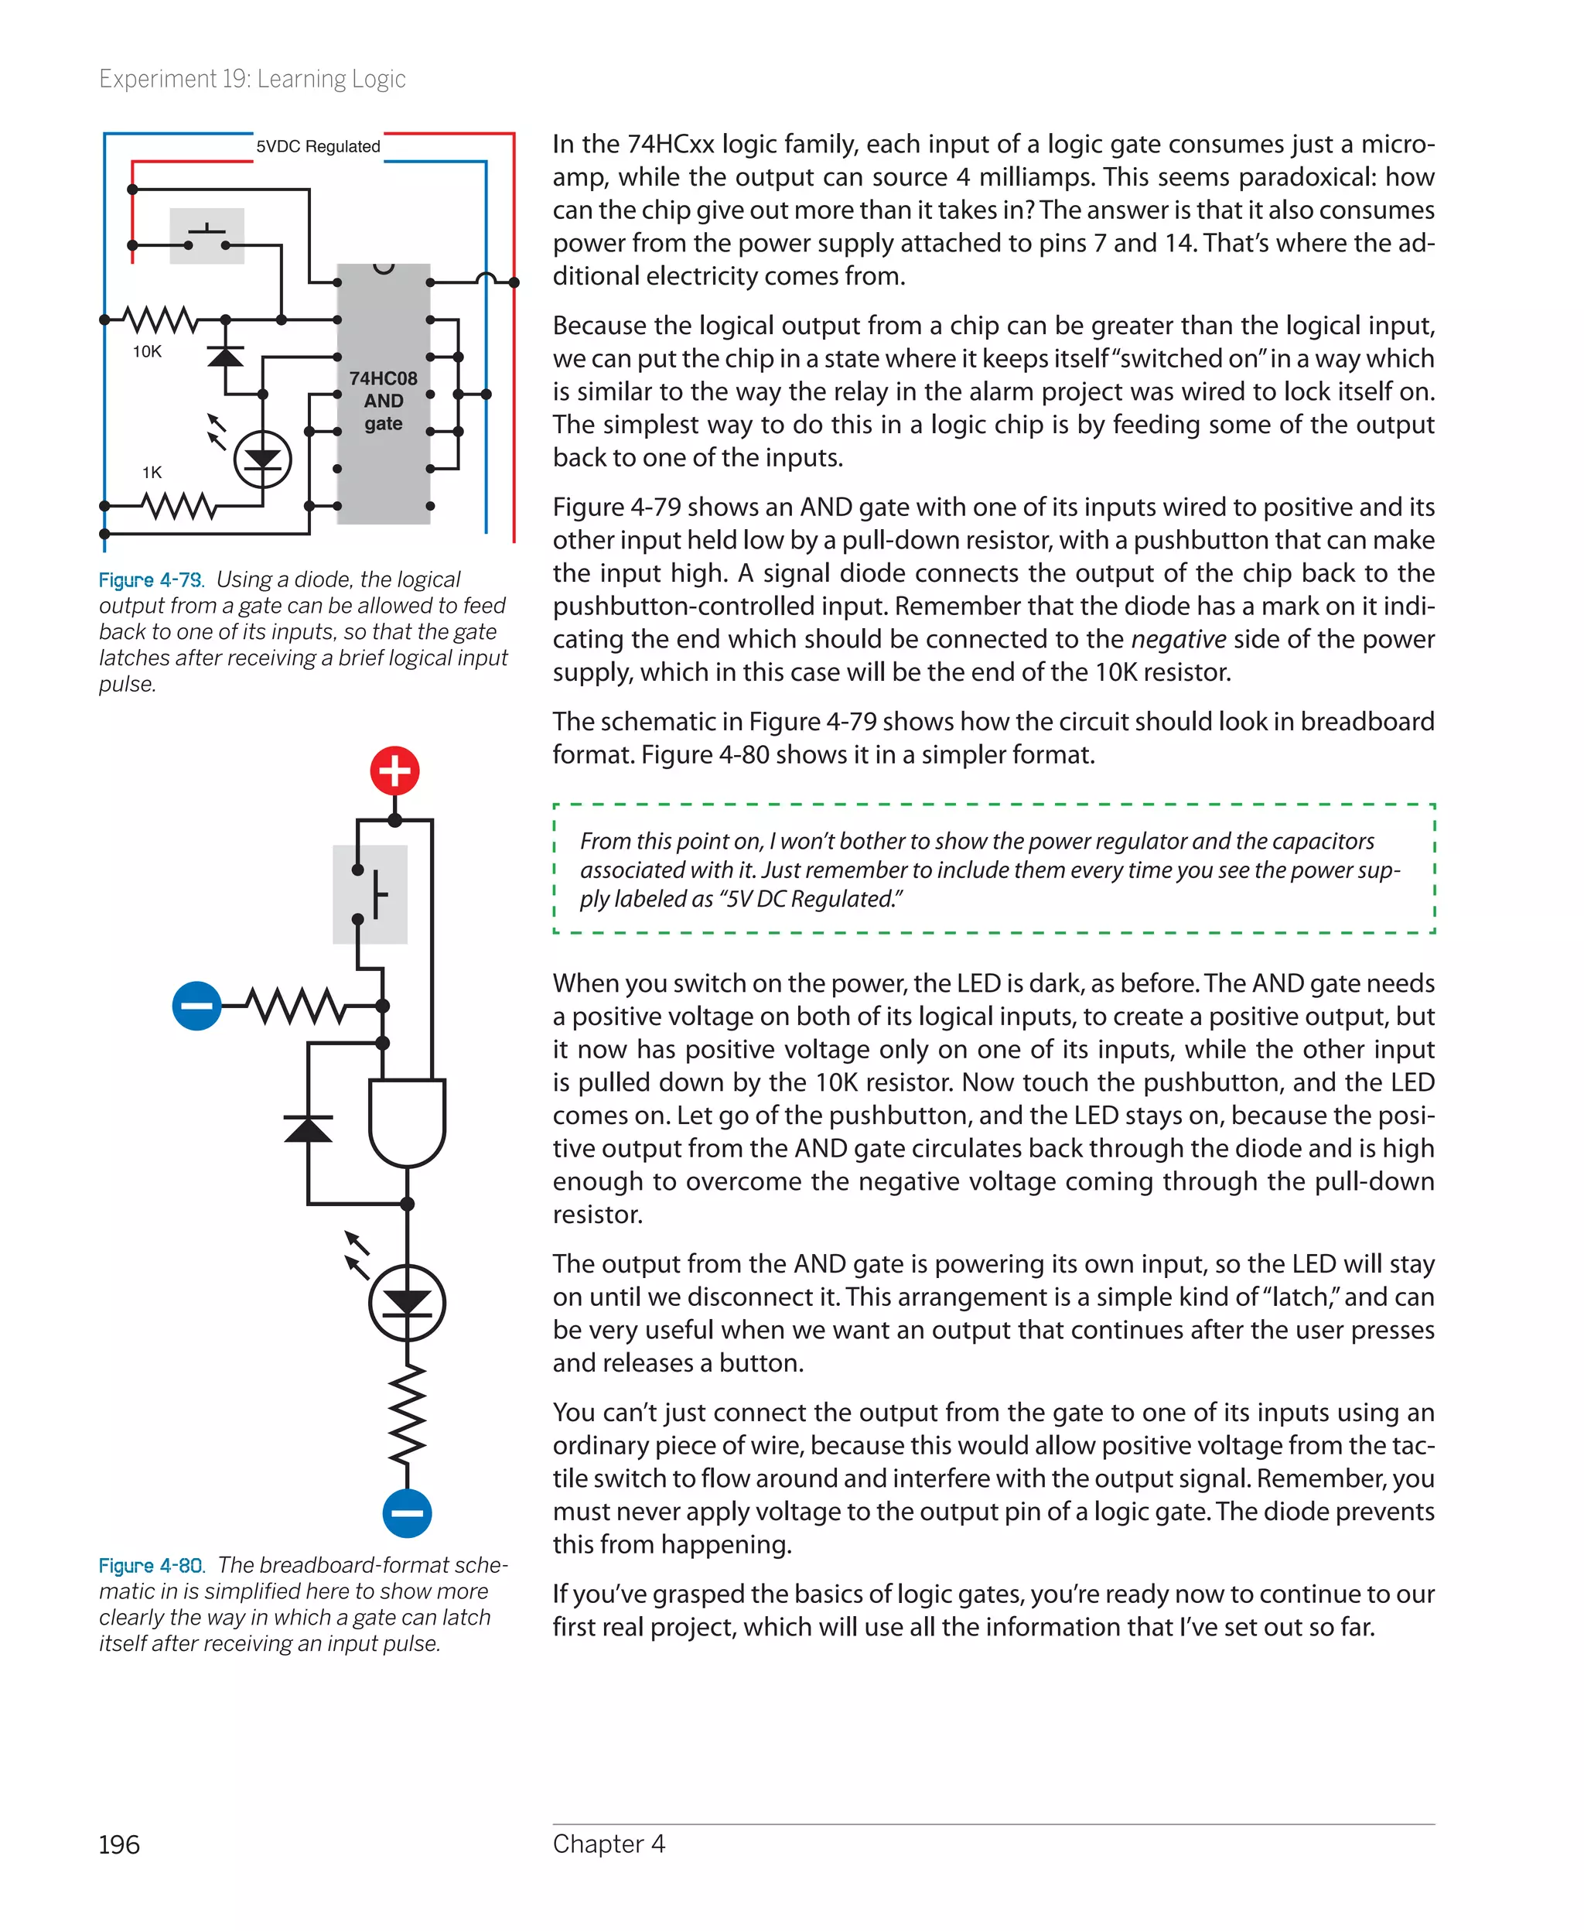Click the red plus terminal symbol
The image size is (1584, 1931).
(x=394, y=771)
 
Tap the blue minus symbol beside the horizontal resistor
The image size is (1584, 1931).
(x=196, y=1006)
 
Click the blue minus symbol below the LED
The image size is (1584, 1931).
(x=407, y=1513)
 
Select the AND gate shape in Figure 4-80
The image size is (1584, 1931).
(x=407, y=1122)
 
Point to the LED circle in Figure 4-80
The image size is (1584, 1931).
(x=407, y=1302)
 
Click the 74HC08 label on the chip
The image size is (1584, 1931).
(x=383, y=378)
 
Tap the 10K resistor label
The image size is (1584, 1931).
(x=147, y=352)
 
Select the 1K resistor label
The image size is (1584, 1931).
(x=152, y=473)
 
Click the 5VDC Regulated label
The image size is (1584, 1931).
(x=318, y=147)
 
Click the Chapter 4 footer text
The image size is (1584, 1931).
(x=609, y=1844)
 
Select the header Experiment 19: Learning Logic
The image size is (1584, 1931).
(x=252, y=80)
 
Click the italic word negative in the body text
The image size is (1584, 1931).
(x=1177, y=640)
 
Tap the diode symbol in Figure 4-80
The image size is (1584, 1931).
(x=309, y=1130)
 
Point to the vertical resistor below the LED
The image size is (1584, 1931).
(x=407, y=1413)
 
